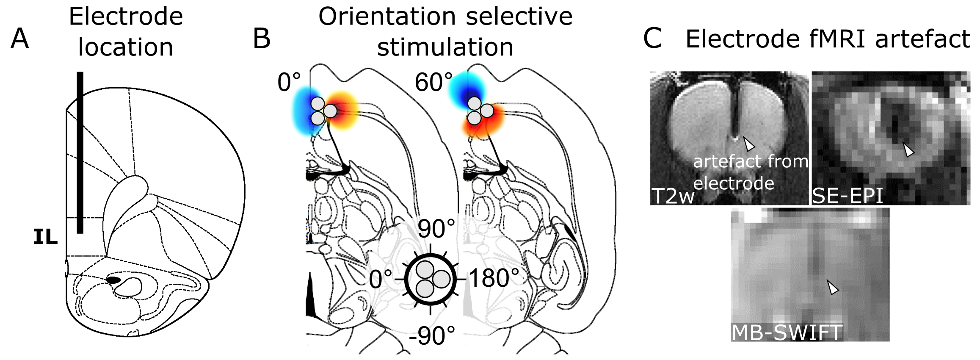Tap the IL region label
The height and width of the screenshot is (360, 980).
[x=45, y=237]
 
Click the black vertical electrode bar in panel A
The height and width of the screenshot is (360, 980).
[x=80, y=152]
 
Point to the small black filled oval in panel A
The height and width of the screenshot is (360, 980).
[x=113, y=280]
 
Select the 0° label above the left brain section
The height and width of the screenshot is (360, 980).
[x=289, y=82]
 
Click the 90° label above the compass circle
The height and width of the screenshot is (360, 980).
[x=436, y=229]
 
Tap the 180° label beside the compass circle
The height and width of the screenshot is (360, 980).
[x=494, y=278]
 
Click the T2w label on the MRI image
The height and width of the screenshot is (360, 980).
[x=673, y=196]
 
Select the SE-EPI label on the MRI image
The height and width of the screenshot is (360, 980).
[x=847, y=196]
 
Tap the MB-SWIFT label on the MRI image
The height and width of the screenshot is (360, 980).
[x=787, y=333]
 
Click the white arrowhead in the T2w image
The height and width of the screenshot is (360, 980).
[x=749, y=144]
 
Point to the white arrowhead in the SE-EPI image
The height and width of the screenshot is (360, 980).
[x=908, y=150]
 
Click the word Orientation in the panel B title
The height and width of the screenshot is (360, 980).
[x=387, y=17]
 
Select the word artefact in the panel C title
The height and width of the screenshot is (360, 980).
[x=922, y=39]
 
